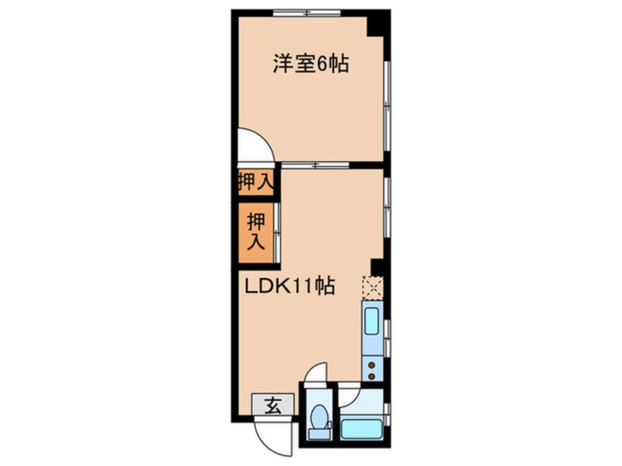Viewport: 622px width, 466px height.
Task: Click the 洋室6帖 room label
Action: tap(310, 64)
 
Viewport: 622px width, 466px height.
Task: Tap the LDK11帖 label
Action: tap(290, 286)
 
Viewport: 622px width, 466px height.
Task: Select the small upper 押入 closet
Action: tap(256, 182)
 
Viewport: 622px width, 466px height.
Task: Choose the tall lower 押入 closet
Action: tap(256, 232)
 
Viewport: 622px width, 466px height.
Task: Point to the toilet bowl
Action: tap(319, 417)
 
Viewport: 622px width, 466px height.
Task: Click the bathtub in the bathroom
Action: tap(362, 429)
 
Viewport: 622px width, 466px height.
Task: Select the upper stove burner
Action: tap(372, 365)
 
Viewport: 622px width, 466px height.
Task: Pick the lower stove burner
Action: tap(372, 376)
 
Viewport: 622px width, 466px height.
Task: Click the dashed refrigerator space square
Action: tap(373, 287)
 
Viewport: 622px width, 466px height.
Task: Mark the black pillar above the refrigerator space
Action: tap(377, 267)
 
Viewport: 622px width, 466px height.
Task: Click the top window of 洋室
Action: tap(307, 12)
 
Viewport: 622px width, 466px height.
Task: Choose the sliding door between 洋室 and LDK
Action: tap(315, 165)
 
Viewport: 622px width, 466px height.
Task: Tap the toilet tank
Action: tap(320, 434)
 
